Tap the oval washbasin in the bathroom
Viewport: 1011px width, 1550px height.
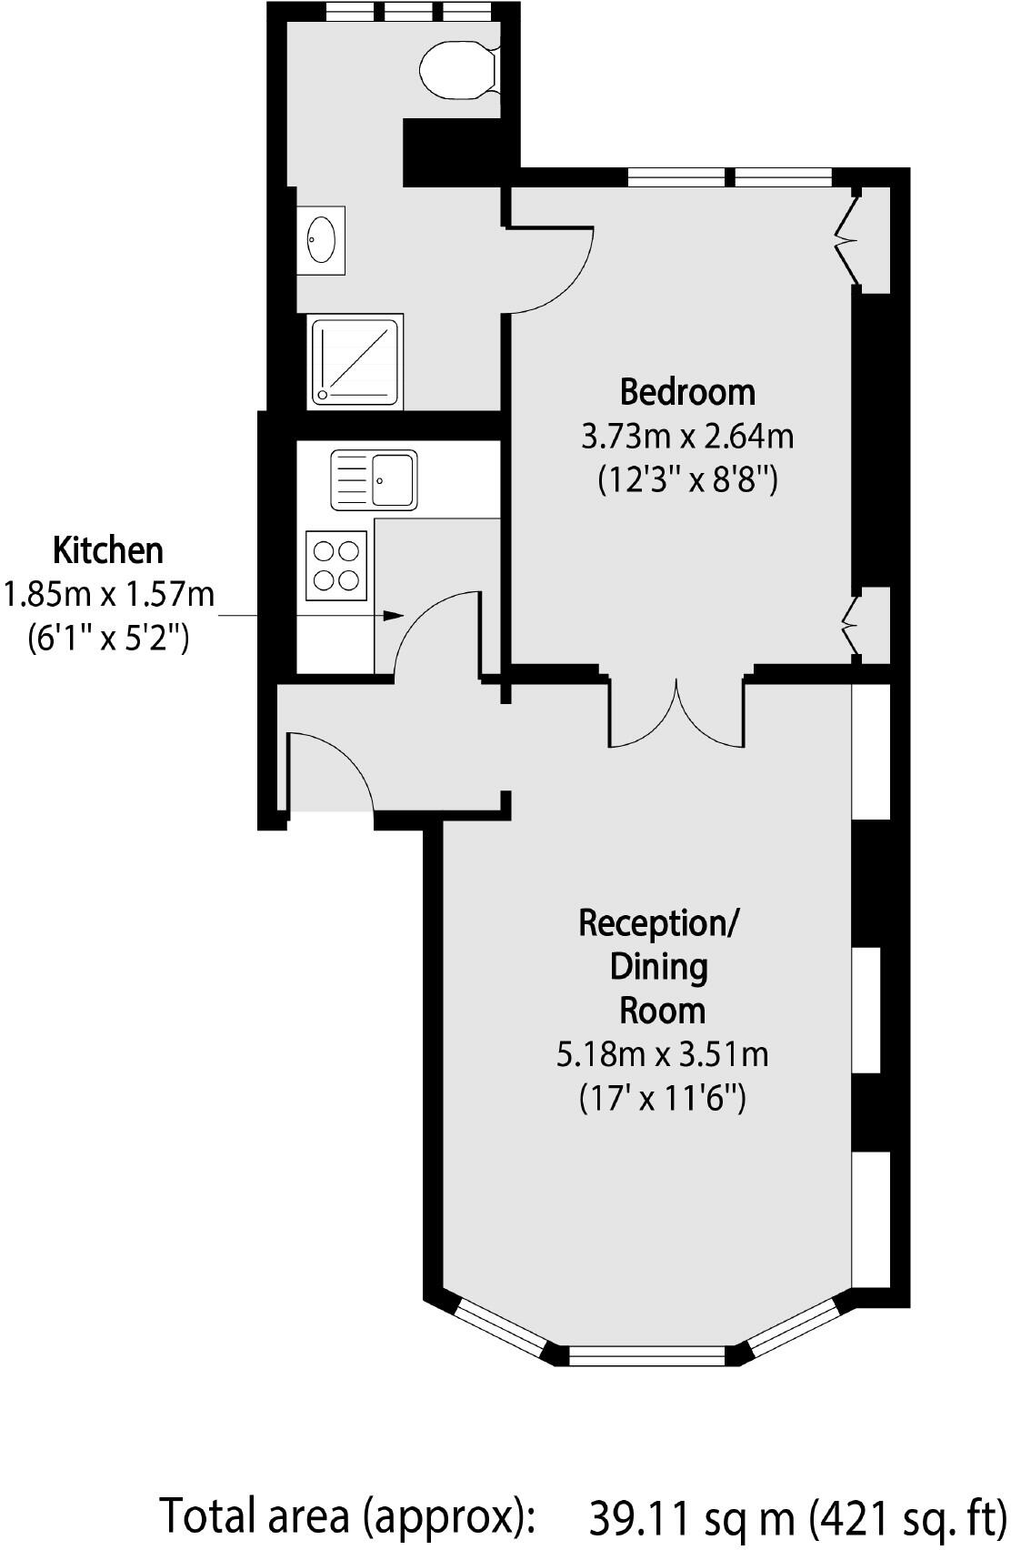[x=321, y=238]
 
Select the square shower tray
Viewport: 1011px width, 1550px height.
[x=355, y=362]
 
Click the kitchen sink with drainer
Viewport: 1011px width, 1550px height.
[x=374, y=478]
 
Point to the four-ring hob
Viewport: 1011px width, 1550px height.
[x=336, y=565]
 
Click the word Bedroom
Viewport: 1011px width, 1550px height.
[x=687, y=392]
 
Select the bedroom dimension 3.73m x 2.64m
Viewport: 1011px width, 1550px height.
[x=687, y=437]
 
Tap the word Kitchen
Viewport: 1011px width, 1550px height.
[x=108, y=550]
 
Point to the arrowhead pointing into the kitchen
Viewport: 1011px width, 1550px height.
[x=393, y=616]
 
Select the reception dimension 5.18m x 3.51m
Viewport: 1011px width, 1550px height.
[x=662, y=1054]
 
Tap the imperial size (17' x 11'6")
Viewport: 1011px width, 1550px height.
[x=662, y=1099]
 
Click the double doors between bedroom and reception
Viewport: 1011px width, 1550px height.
[x=676, y=714]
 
